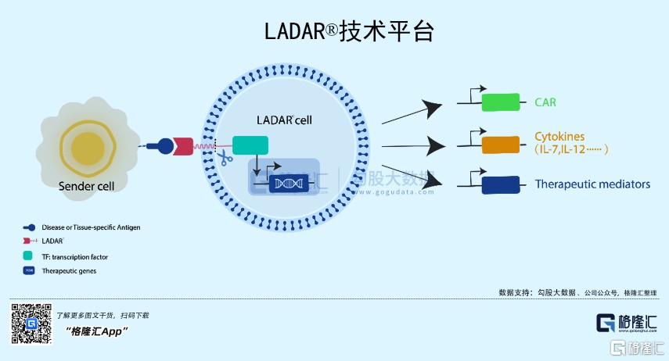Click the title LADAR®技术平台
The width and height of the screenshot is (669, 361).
coord(347,31)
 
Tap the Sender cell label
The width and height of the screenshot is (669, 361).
coord(86,186)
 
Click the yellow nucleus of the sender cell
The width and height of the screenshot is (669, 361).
coord(87,148)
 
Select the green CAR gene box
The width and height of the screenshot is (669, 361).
coord(501,102)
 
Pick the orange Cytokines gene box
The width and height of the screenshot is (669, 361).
coord(501,145)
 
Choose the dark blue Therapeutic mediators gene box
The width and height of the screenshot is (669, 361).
coord(501,185)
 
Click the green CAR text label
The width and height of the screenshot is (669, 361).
coord(545,102)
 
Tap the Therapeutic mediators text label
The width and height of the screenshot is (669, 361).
coord(592,185)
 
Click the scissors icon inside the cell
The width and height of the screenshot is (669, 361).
coord(225,159)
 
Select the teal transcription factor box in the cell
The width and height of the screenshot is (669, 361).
coord(250,145)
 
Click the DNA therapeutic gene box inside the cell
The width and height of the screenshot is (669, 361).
coord(287,184)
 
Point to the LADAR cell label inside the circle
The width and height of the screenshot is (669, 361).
coord(285,121)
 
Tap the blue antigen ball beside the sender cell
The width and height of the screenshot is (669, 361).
coord(165,145)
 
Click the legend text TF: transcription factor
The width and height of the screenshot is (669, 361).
coord(74,256)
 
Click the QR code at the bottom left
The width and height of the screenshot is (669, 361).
coord(31,323)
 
